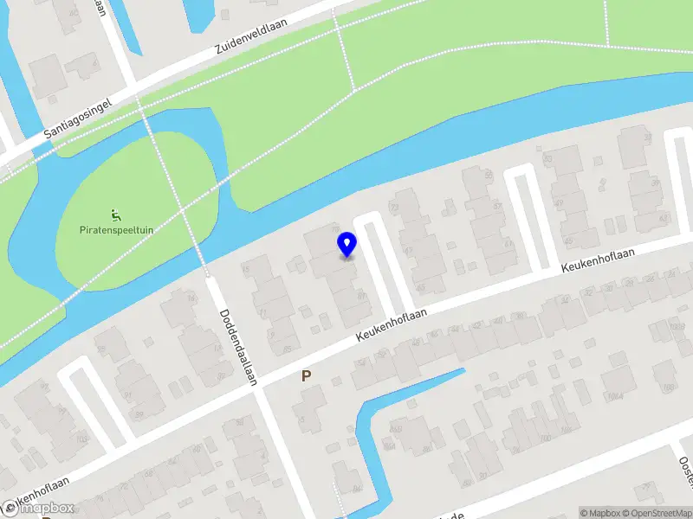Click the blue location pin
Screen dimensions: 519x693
point(346,244)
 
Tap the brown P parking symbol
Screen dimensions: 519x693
point(306,376)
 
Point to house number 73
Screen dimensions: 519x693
point(395,208)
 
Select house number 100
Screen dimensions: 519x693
point(545,439)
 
